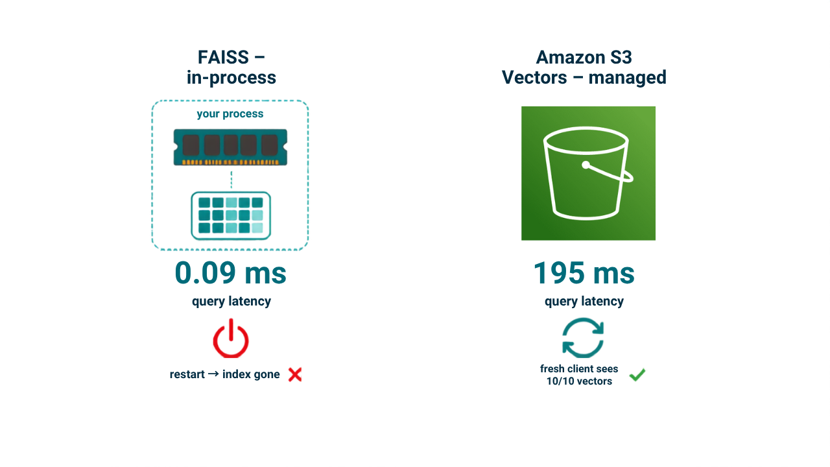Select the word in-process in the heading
pyautogui.click(x=231, y=78)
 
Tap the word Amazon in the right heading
pyautogui.click(x=570, y=58)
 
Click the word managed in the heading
pyautogui.click(x=627, y=78)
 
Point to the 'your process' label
pyautogui.click(x=230, y=114)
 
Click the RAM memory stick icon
pyautogui.click(x=230, y=147)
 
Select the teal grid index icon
pyautogui.click(x=231, y=215)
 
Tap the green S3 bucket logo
pyautogui.click(x=588, y=173)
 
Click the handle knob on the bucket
pyautogui.click(x=586, y=165)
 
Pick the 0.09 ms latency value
pyautogui.click(x=230, y=273)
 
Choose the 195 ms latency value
pyautogui.click(x=584, y=273)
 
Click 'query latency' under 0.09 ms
pyautogui.click(x=231, y=302)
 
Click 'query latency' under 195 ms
pyautogui.click(x=584, y=302)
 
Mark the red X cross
pyautogui.click(x=295, y=374)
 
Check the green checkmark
pyautogui.click(x=637, y=375)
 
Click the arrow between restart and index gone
pyautogui.click(x=213, y=374)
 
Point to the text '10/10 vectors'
pyautogui.click(x=579, y=381)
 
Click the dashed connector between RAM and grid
pyautogui.click(x=231, y=180)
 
